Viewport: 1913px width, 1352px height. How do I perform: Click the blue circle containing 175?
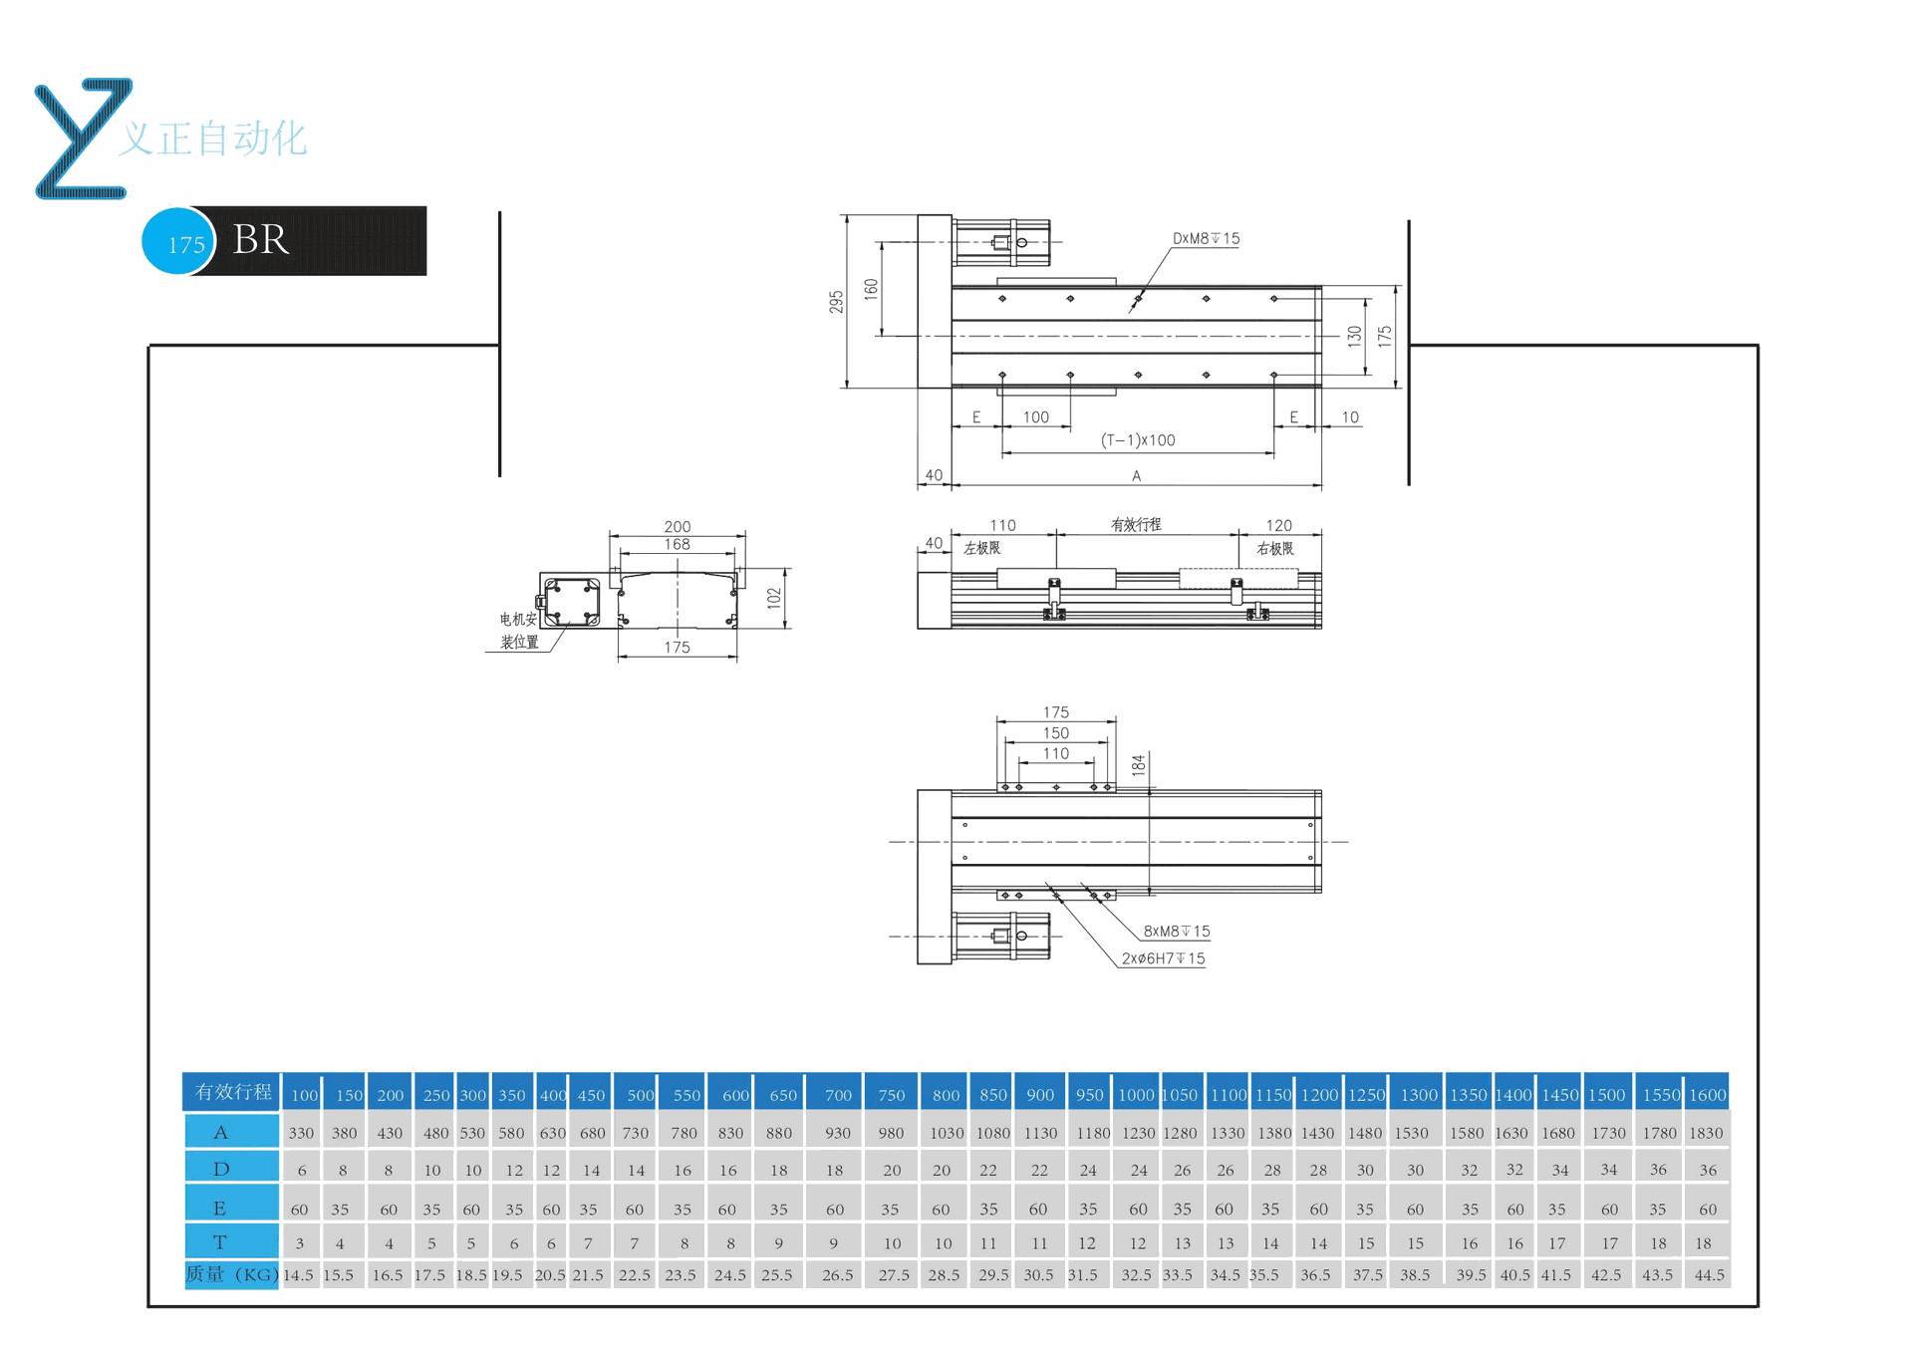coord(179,242)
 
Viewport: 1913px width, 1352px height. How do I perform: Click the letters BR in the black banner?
coord(261,240)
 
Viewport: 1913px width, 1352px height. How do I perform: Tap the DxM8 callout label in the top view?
coord(1206,239)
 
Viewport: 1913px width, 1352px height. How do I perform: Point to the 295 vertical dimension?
coord(836,302)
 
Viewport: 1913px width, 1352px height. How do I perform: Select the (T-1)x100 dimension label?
coord(1138,440)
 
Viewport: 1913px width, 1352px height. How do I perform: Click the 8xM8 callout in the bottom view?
coord(1176,932)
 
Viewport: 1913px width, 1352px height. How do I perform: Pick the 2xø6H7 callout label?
coord(1163,958)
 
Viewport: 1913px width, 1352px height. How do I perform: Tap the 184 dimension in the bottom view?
coord(1138,765)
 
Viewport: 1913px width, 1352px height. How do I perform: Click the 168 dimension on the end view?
coord(678,544)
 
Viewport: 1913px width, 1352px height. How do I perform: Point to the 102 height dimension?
coord(774,598)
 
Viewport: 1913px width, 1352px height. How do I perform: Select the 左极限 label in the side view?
coord(982,548)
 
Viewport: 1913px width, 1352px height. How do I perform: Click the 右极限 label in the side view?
coord(1275,549)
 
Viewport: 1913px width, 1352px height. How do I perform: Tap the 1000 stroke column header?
coord(1136,1094)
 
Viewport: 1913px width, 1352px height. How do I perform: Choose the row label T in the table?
coord(220,1242)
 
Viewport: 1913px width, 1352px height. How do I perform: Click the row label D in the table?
coord(221,1169)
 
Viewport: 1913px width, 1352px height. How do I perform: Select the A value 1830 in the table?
coord(1706,1133)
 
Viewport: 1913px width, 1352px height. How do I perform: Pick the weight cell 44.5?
coord(1709,1274)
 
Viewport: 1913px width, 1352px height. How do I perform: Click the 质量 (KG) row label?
coord(231,1274)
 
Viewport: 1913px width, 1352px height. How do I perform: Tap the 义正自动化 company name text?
coord(213,138)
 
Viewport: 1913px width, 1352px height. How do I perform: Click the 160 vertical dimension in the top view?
coord(871,289)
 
